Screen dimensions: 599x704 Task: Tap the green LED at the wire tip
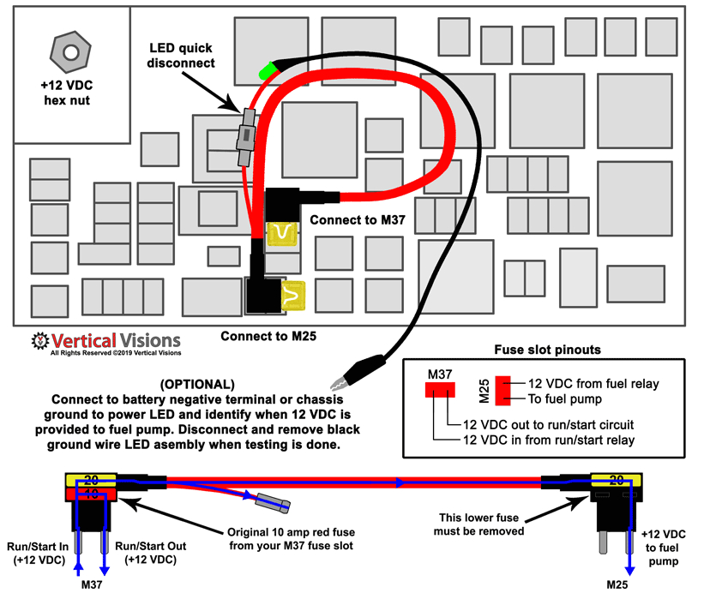(268, 69)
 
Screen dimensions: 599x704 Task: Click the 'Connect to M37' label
(357, 219)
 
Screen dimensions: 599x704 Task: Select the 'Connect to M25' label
(268, 336)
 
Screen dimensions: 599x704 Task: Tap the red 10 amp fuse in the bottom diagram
(89, 494)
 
